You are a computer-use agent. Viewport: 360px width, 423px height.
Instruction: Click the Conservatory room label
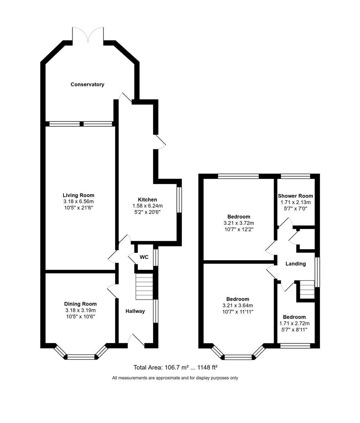(x=87, y=84)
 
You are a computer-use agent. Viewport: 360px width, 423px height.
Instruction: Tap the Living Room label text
(x=79, y=195)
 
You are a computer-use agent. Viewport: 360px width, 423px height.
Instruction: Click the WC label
(x=144, y=257)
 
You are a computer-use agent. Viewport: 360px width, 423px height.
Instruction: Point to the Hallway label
(x=135, y=311)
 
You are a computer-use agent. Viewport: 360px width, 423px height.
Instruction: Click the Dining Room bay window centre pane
(x=81, y=356)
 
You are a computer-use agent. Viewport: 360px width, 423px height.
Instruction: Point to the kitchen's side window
(x=179, y=200)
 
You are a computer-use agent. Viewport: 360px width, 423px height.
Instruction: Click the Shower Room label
(x=295, y=196)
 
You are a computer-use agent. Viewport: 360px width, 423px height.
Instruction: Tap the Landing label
(x=295, y=264)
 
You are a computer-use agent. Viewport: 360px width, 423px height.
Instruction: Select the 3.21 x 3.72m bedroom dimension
(x=239, y=223)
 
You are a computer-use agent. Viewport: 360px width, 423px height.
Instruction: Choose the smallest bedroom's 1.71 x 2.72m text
(x=294, y=324)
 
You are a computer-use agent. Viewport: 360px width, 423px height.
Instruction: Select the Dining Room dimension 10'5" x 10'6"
(x=80, y=316)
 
